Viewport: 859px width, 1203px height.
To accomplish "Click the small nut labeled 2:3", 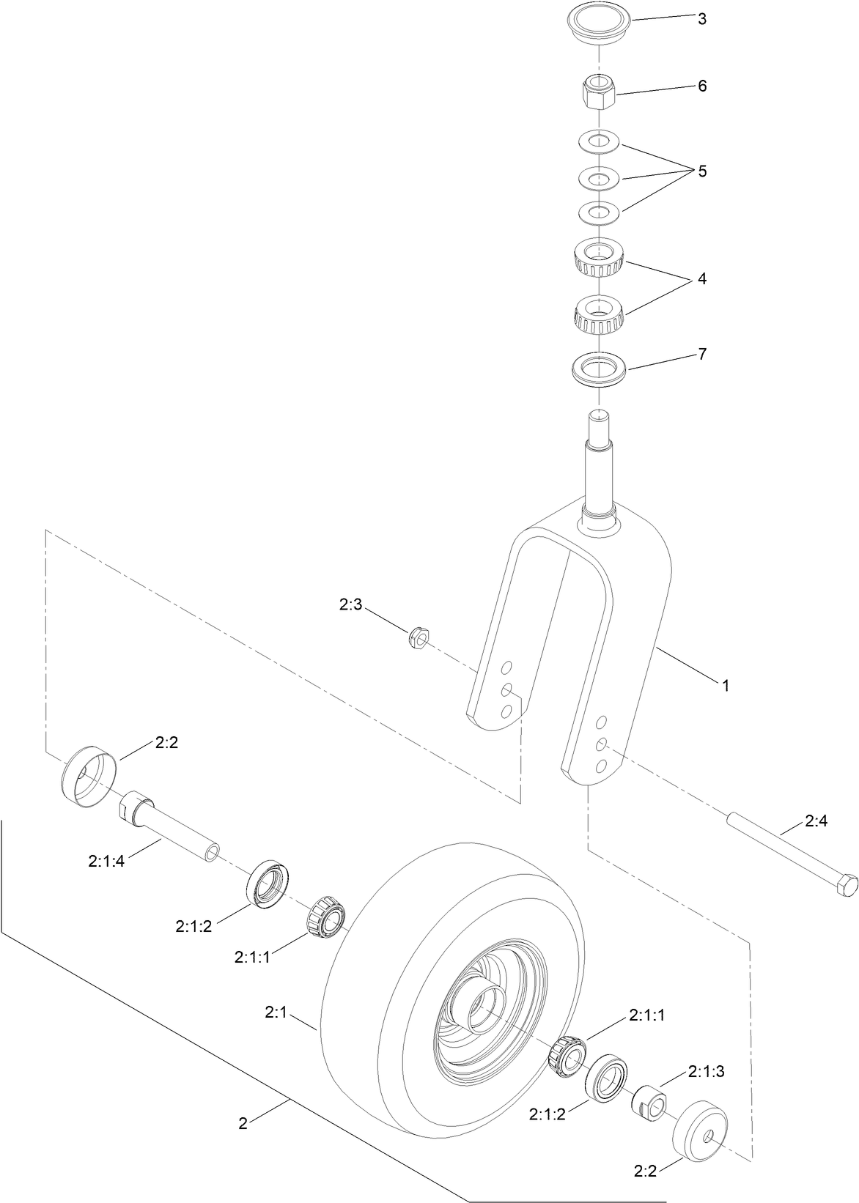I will tap(418, 637).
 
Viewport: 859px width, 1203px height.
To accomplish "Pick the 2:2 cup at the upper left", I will tap(87, 775).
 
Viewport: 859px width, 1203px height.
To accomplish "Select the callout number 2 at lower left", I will tap(243, 1123).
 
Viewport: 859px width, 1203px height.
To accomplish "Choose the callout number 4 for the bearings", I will tap(701, 278).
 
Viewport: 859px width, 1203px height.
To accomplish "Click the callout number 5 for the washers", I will tap(701, 171).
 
